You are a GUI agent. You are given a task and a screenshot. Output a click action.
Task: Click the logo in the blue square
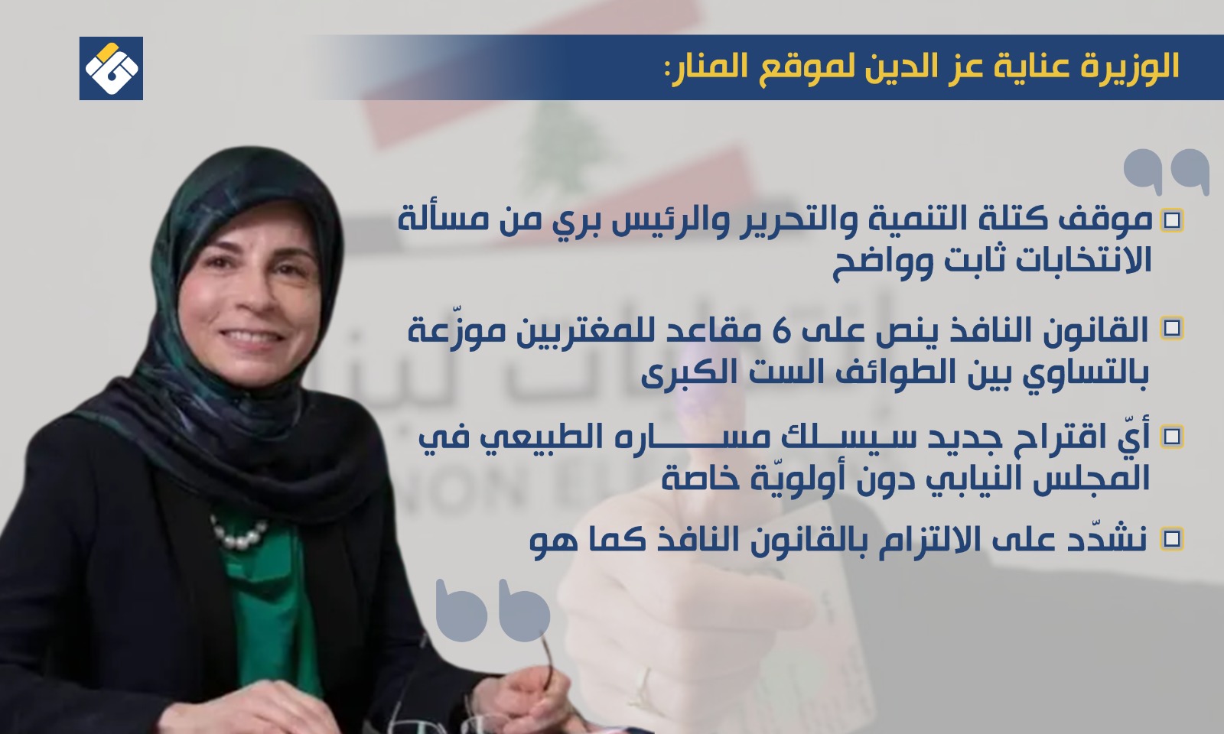[x=111, y=68]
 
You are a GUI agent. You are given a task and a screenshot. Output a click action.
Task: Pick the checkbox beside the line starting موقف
[x=1171, y=220]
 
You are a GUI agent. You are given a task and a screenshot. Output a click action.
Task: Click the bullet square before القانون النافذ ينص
[x=1171, y=329]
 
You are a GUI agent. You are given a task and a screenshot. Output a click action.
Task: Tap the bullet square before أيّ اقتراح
[x=1171, y=437]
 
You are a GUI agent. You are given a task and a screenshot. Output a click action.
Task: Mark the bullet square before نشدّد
[x=1171, y=539]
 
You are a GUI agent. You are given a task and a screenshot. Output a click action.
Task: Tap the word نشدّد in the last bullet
[x=1113, y=538]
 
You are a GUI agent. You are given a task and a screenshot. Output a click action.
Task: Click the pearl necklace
[x=240, y=532]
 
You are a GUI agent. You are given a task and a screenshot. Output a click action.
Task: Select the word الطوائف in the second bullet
[x=852, y=374]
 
